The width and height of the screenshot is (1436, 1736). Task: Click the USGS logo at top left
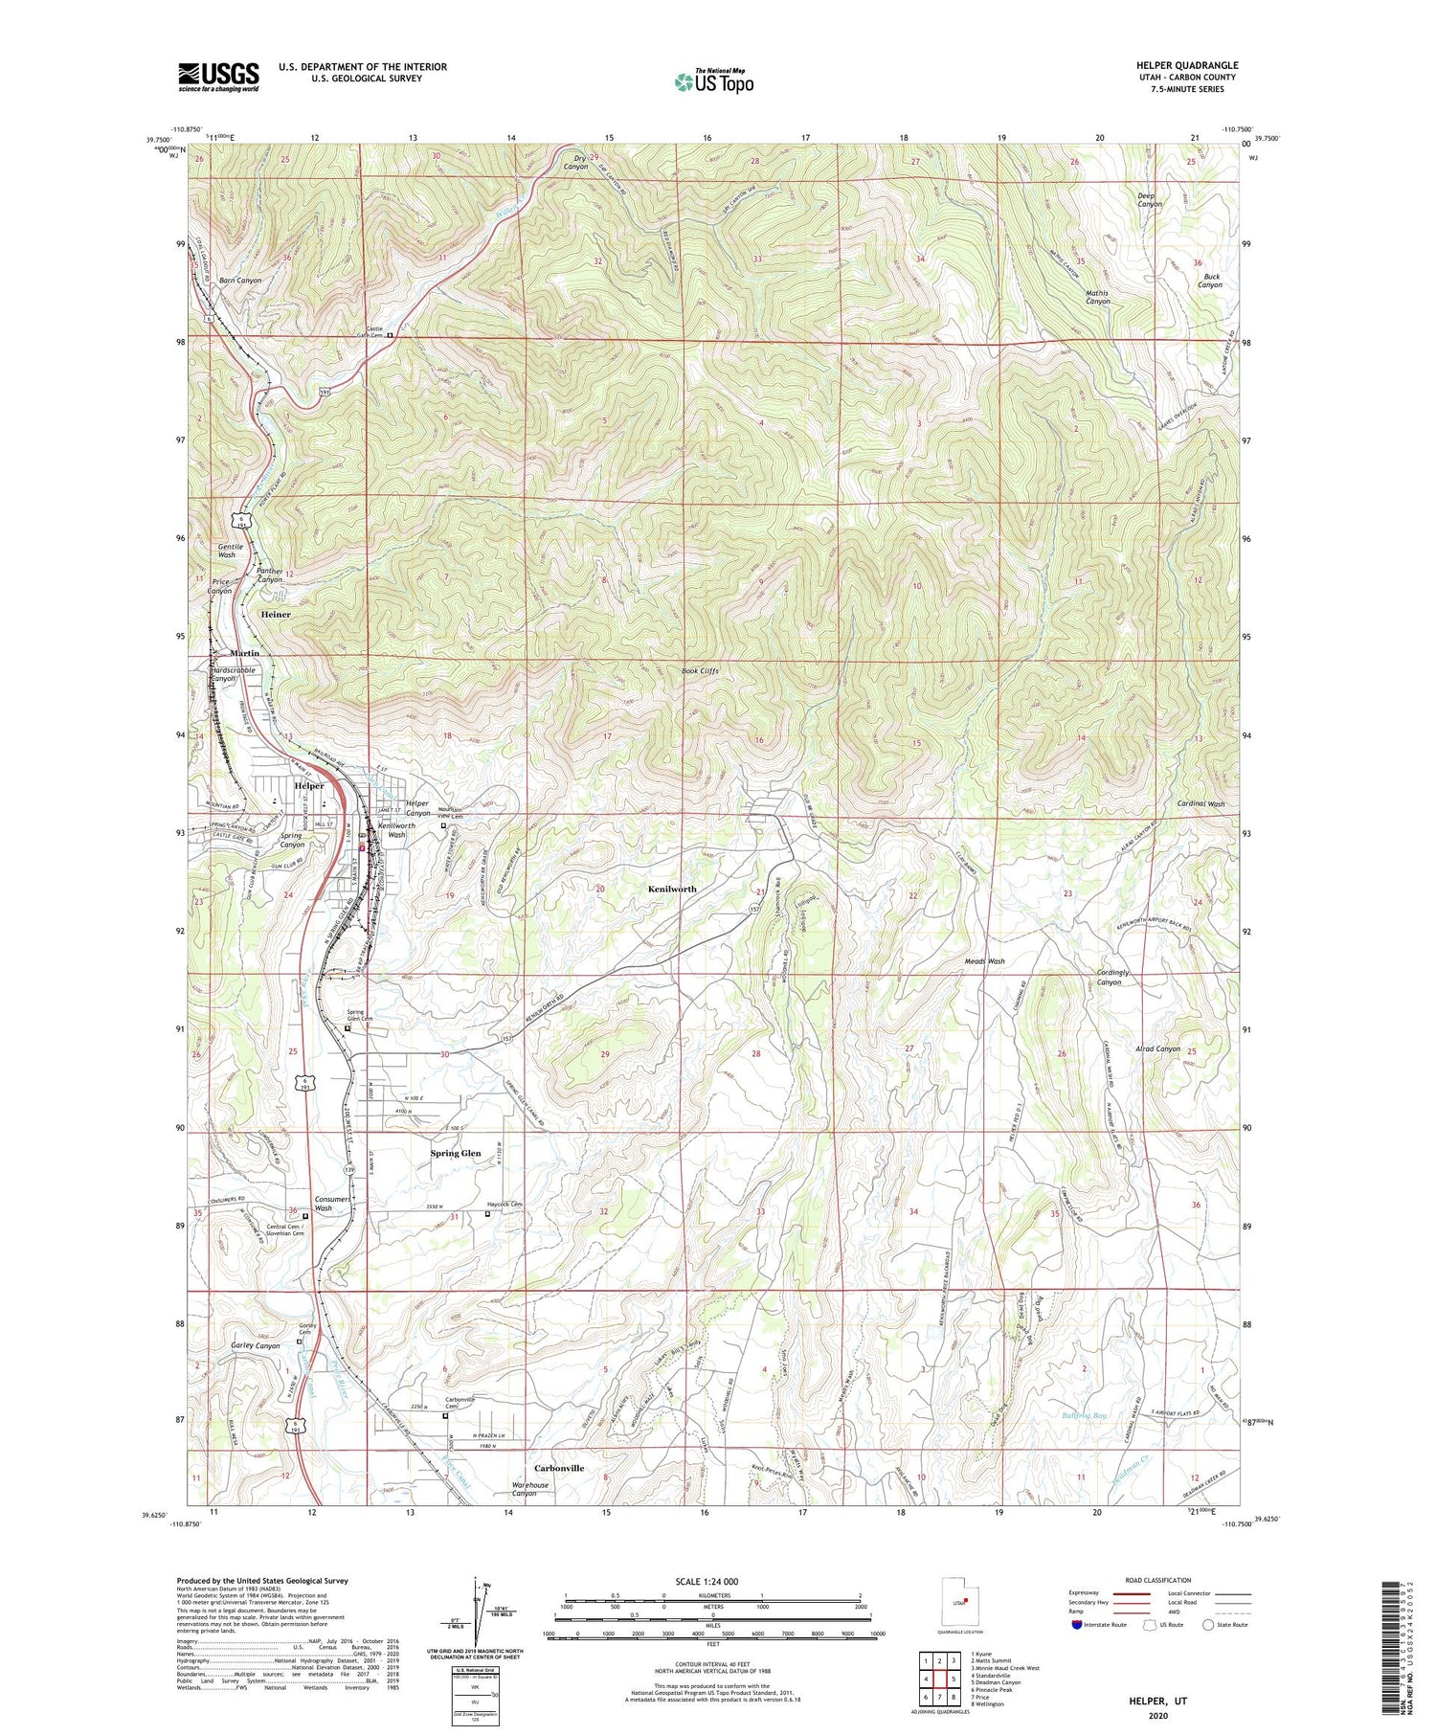click(218, 77)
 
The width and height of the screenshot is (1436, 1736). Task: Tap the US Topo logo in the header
click(713, 82)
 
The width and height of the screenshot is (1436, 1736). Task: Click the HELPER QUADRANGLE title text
click(1183, 65)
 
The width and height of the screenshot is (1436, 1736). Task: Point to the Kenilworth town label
click(672, 889)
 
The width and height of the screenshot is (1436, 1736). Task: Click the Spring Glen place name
click(456, 1153)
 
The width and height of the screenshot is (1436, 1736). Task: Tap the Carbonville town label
click(559, 1468)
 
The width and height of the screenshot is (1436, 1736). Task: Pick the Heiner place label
click(276, 615)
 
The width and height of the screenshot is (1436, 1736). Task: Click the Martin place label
click(244, 653)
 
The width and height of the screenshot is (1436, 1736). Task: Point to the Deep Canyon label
click(1150, 199)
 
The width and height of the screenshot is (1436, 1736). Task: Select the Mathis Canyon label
click(1097, 297)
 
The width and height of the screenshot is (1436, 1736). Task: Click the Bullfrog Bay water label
click(1084, 1416)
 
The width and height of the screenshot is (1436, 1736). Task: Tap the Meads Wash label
click(984, 960)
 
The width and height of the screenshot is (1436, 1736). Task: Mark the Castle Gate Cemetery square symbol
click(390, 335)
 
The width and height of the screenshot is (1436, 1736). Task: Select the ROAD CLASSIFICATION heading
click(1158, 1580)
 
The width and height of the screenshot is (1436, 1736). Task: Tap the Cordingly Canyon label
click(1112, 977)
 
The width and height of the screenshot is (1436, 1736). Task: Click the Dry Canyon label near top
click(577, 162)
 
